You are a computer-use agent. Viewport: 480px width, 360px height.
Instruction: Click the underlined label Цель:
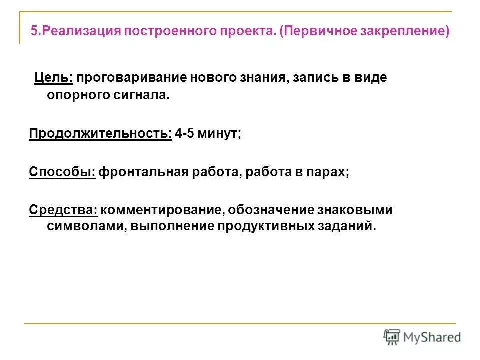click(54, 78)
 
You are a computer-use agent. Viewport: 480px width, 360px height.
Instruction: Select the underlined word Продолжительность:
click(100, 134)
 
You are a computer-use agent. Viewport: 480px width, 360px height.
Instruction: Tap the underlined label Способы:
click(62, 172)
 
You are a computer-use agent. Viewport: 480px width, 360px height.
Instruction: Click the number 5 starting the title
click(34, 32)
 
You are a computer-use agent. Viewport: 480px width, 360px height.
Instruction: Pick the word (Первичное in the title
click(307, 32)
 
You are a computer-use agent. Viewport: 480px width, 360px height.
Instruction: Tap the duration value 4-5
click(185, 134)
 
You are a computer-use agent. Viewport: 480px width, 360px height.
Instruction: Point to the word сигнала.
click(145, 95)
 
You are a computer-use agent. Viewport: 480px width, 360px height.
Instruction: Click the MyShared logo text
click(432, 337)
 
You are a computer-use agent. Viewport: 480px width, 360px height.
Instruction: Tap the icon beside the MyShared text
click(392, 337)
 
